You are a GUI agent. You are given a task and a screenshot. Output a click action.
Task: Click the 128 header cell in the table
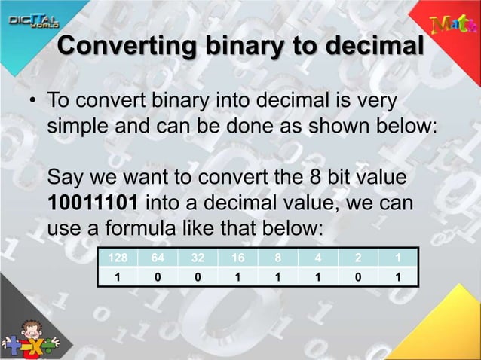[x=118, y=258]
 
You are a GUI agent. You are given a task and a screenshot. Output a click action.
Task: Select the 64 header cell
[x=158, y=258]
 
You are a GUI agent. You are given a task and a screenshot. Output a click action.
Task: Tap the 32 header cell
[x=198, y=258]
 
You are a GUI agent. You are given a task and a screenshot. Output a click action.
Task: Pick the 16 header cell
[x=237, y=258]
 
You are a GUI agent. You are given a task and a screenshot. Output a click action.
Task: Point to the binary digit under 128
[x=118, y=277]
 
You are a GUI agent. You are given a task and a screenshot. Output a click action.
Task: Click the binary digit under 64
[x=158, y=277]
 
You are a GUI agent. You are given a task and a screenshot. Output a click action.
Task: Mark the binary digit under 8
[x=277, y=277]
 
